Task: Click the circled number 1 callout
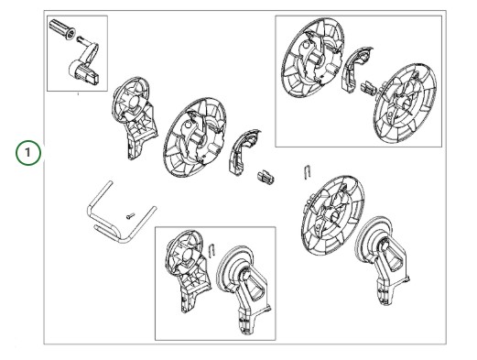pyautogui.click(x=27, y=152)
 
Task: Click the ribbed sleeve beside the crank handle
pyautogui.click(x=62, y=28)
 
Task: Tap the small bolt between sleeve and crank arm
pyautogui.click(x=80, y=38)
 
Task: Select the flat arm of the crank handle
pyautogui.click(x=90, y=52)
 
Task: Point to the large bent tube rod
pyautogui.click(x=120, y=214)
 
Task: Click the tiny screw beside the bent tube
pyautogui.click(x=131, y=216)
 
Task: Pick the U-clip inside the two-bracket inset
pyautogui.click(x=212, y=250)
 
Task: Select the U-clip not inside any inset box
pyautogui.click(x=308, y=171)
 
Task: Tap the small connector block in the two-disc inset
pyautogui.click(x=368, y=88)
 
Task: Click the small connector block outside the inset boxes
pyautogui.click(x=266, y=178)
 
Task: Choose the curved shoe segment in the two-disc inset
pyautogui.click(x=354, y=69)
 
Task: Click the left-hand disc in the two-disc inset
pyautogui.click(x=313, y=58)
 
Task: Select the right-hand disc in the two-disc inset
pyautogui.click(x=405, y=103)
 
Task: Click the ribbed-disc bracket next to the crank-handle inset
pyautogui.click(x=135, y=117)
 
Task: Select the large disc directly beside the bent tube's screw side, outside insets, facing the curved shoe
pyautogui.click(x=195, y=138)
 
